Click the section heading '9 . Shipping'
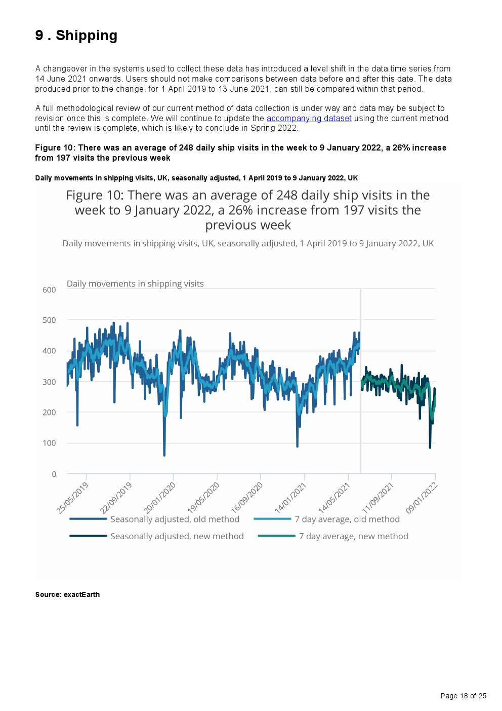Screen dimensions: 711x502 coord(76,35)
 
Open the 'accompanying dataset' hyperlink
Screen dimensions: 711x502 coord(309,118)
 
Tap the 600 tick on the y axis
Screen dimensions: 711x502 coord(49,290)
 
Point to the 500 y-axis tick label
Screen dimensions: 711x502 coord(49,320)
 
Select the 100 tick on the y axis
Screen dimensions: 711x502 coord(49,443)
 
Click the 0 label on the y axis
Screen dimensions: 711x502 coord(54,474)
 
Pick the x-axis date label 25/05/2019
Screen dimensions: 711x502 coord(72,498)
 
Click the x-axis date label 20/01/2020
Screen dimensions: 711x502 coord(159,498)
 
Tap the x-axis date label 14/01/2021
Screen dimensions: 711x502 coord(290,498)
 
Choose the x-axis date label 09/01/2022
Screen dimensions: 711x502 coord(422,498)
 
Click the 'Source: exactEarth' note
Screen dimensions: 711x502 coord(67,594)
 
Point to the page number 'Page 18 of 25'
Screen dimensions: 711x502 coord(463,696)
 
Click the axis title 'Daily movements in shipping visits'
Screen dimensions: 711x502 coord(135,284)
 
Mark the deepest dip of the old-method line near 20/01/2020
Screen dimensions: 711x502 coord(164,455)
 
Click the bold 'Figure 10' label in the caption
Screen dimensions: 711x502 coord(55,148)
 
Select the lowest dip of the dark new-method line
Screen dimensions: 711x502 coord(430,447)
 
